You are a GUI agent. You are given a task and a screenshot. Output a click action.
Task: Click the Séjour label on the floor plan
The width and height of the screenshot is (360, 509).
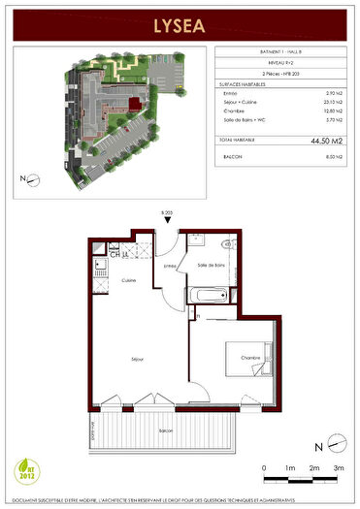point(138,360)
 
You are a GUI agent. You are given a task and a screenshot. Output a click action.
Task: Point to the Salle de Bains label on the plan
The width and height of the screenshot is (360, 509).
point(211,265)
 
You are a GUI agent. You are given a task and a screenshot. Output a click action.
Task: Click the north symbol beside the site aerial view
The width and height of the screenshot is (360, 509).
point(31,179)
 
